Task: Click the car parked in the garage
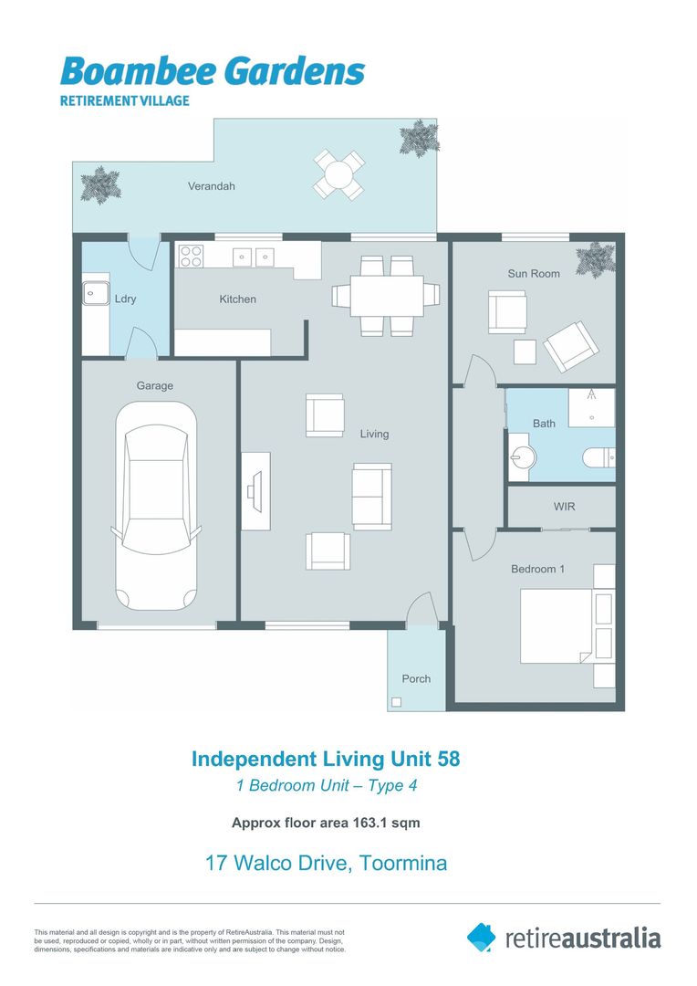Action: click(154, 507)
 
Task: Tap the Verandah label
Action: click(212, 186)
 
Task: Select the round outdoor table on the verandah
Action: click(338, 173)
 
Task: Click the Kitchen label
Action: click(237, 299)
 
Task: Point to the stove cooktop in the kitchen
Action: click(191, 257)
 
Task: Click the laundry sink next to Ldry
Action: click(93, 294)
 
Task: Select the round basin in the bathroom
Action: click(521, 459)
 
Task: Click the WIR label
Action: click(564, 507)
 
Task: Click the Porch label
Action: click(416, 679)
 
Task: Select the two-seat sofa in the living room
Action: click(372, 496)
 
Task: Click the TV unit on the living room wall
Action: click(255, 491)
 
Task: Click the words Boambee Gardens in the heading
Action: click(213, 71)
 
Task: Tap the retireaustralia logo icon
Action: click(482, 937)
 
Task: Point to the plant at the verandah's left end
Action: click(99, 184)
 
